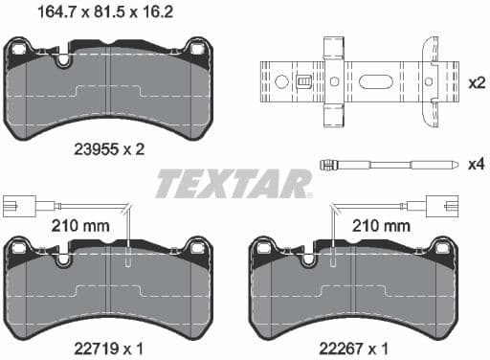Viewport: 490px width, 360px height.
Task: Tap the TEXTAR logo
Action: (x=234, y=182)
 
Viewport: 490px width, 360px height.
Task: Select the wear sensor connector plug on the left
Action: (x=15, y=204)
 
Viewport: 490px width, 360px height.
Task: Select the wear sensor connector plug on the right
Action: (x=420, y=204)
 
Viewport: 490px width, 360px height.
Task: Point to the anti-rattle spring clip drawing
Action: (x=349, y=82)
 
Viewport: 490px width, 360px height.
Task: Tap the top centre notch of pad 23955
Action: (x=64, y=60)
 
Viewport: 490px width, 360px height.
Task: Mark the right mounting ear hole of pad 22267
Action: (x=442, y=249)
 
